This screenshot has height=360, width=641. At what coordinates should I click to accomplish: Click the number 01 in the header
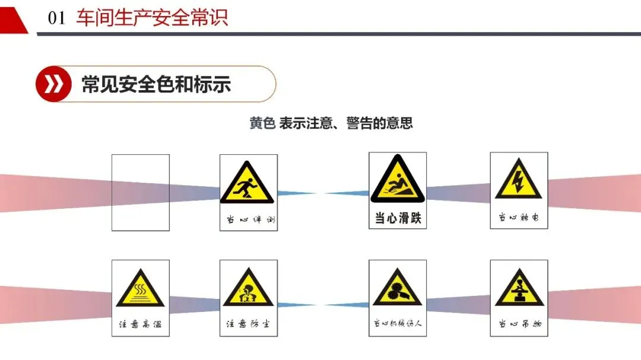click(x=56, y=18)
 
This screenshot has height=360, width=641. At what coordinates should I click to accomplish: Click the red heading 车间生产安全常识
click(x=152, y=17)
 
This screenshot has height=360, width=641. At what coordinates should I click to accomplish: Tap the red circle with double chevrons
click(x=53, y=84)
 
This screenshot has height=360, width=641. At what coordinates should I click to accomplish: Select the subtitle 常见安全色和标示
click(x=156, y=84)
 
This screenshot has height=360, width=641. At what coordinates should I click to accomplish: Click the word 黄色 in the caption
click(x=262, y=123)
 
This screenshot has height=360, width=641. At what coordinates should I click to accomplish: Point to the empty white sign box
click(x=141, y=193)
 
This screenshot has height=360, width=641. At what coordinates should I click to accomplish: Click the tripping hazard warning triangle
click(x=248, y=183)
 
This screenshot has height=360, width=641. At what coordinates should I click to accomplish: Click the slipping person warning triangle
click(x=397, y=180)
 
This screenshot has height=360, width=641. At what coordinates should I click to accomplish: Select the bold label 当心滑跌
click(x=398, y=218)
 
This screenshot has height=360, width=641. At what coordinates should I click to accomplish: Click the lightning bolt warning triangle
click(x=518, y=180)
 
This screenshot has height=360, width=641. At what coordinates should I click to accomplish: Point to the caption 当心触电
click(x=519, y=218)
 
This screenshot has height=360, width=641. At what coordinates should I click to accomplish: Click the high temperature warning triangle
click(x=140, y=289)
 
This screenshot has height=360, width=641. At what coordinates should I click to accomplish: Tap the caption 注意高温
click(x=140, y=325)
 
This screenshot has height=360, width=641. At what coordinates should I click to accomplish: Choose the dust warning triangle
click(x=247, y=289)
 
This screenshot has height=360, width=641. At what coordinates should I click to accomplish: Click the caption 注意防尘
click(x=248, y=325)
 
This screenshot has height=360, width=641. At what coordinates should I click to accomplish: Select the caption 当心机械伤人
click(x=398, y=324)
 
